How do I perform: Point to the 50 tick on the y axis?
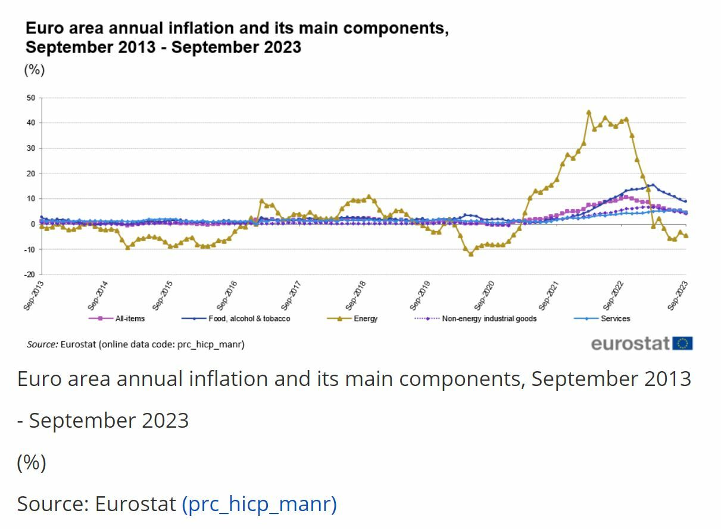click(x=31, y=98)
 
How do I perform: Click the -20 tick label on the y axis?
click(x=30, y=275)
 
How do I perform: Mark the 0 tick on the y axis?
click(x=33, y=224)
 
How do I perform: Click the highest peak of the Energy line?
click(x=588, y=111)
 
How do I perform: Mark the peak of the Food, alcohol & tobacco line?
click(x=653, y=185)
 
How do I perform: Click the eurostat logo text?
click(x=631, y=344)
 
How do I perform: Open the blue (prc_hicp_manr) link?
click(x=259, y=504)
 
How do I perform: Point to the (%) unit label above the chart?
click(x=34, y=70)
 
